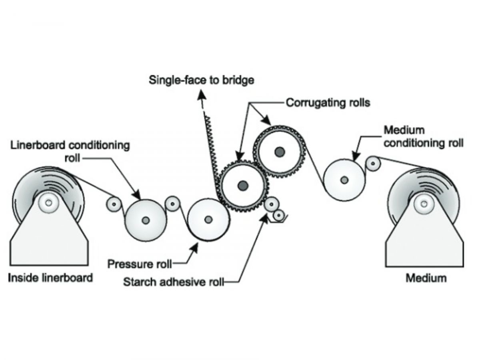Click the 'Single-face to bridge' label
(x=201, y=80)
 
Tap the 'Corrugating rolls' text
(x=328, y=102)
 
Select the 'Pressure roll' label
(x=140, y=264)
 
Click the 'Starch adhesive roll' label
(x=174, y=282)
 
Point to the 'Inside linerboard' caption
(x=50, y=278)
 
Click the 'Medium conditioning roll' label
(x=424, y=137)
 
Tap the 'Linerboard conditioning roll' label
(x=70, y=151)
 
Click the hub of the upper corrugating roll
(x=280, y=152)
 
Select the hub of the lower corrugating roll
(x=243, y=186)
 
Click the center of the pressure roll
(x=208, y=220)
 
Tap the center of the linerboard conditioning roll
(x=146, y=220)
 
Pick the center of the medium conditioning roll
(x=344, y=180)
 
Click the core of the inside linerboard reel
(x=48, y=203)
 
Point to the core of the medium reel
(x=424, y=204)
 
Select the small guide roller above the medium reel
(x=374, y=164)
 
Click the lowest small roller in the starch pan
(x=278, y=216)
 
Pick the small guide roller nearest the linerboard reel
(x=114, y=204)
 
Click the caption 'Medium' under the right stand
(x=426, y=278)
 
